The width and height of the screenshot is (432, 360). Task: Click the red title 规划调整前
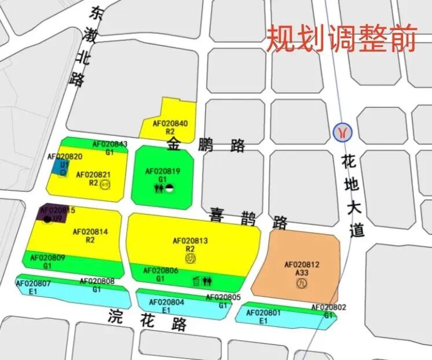coord(341,38)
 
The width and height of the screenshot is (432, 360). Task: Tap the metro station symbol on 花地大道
coord(342,132)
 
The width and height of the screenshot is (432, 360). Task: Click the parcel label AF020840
coord(170,123)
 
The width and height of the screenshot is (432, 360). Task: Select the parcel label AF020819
coord(163,171)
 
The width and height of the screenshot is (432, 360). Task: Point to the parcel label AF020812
coord(302,265)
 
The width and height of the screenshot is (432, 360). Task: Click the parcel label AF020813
coord(190,241)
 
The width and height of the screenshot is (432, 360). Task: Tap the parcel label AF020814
coord(90,232)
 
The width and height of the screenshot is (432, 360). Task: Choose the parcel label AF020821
coord(93,174)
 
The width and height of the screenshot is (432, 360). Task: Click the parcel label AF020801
coord(263,313)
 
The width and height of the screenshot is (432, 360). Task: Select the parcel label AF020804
coord(166,302)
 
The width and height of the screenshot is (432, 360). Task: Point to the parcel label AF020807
coord(33,283)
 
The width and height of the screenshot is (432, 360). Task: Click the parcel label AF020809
coord(47,257)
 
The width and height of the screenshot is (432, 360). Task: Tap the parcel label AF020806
coord(160,271)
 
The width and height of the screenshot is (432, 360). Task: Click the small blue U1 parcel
coord(60,167)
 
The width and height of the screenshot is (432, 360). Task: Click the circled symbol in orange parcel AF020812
coord(301,283)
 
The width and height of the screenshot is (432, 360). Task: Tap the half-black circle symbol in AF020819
coord(169,188)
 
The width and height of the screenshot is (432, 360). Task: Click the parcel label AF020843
coord(110,144)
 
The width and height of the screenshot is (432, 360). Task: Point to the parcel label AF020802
coord(328,307)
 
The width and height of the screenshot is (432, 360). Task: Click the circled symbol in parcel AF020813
coord(192,258)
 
